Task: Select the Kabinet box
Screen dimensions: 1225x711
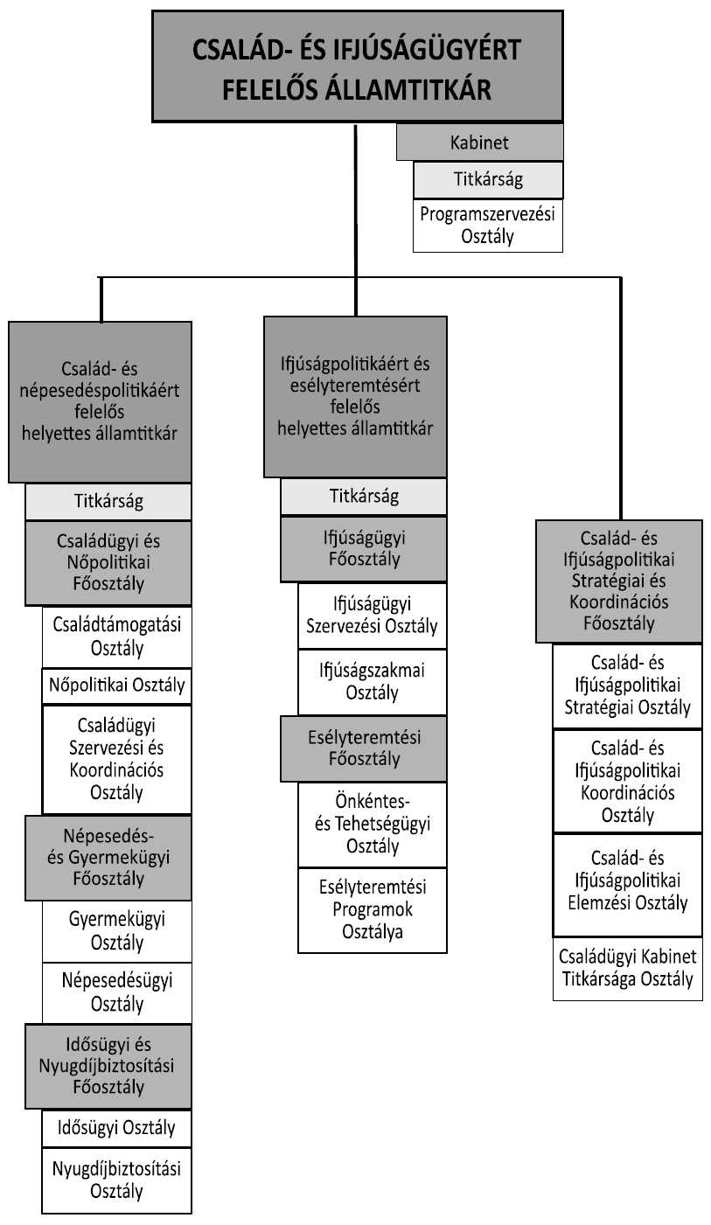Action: pos(479,143)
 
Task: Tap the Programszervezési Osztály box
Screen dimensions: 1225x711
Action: pos(488,226)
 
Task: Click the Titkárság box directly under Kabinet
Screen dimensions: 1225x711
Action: pos(488,180)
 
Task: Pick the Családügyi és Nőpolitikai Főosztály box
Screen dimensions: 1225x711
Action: pos(108,562)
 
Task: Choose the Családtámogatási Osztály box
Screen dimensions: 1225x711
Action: pos(116,637)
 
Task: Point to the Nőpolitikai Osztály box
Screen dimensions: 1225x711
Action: pos(116,686)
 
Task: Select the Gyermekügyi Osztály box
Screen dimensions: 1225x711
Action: pos(116,931)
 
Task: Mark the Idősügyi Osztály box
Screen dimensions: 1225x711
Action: pos(116,1127)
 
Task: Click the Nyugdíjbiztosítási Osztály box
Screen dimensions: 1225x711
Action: pos(116,1180)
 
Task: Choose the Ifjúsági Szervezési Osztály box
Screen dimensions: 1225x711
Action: pos(373,616)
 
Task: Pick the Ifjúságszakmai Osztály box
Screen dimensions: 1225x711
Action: pos(373,681)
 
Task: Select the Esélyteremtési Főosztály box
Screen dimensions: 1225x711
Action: pos(364,748)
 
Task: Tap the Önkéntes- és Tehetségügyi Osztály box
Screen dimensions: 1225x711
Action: pos(373,824)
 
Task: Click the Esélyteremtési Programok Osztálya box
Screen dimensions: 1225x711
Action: pos(373,909)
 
